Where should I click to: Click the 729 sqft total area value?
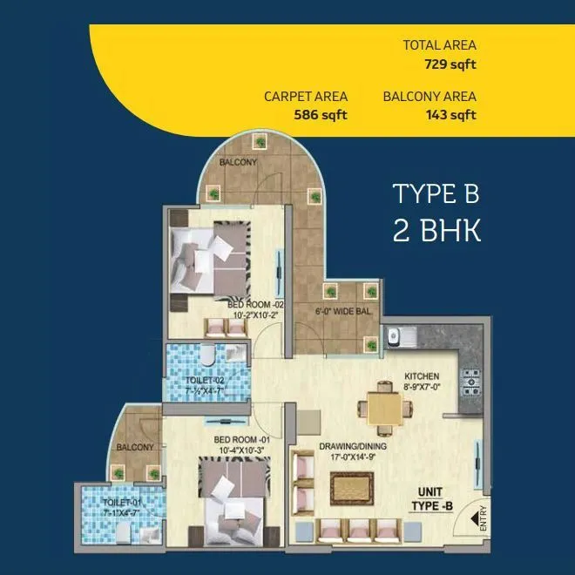450,63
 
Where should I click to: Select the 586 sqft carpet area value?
321,115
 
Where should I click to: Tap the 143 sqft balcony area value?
450,115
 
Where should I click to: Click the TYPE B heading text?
436,194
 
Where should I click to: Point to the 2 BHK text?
436,232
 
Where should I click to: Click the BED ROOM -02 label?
255,304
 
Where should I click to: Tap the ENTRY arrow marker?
478,519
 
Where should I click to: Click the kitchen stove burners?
471,379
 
